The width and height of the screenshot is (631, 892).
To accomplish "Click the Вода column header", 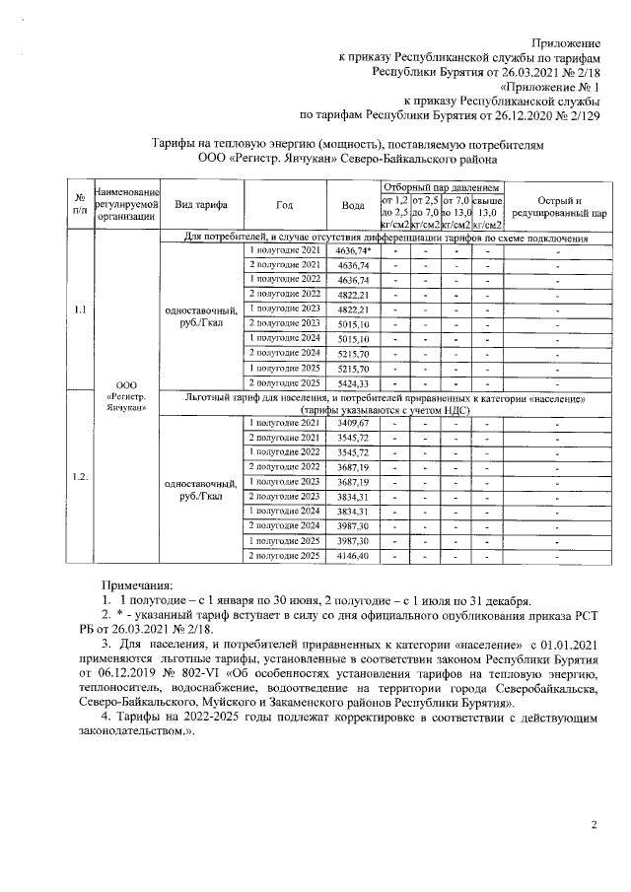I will (x=352, y=205).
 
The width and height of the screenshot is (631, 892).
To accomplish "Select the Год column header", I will (x=284, y=205).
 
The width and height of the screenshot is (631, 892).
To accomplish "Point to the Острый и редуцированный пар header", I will (x=557, y=205).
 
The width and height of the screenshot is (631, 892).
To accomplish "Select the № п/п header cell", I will (x=78, y=205).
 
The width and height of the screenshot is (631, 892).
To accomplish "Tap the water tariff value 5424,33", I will (x=352, y=382).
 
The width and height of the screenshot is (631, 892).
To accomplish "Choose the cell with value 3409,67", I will (x=352, y=423).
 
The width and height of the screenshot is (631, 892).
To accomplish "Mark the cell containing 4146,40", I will (x=352, y=557).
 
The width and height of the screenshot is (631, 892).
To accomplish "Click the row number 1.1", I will (x=78, y=311).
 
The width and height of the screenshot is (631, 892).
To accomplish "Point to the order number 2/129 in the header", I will (x=577, y=113).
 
